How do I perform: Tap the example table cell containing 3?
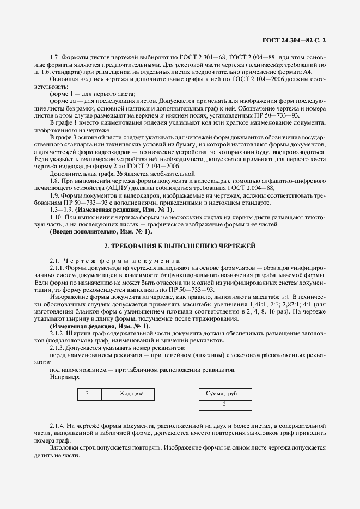pyautogui.click(x=87, y=393)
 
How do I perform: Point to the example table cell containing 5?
pyautogui.click(x=224, y=404)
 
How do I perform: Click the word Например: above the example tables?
pyautogui.click(x=64, y=377)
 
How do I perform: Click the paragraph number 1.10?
pyautogui.click(x=57, y=217)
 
